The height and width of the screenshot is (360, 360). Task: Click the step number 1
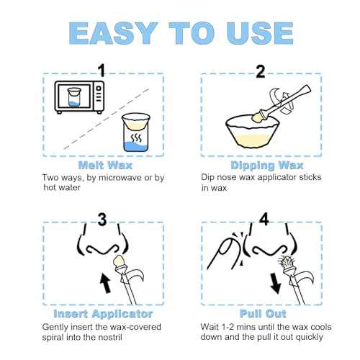click(102, 71)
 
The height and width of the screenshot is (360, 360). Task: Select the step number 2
click(261, 71)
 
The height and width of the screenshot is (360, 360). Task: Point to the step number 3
click(102, 220)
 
